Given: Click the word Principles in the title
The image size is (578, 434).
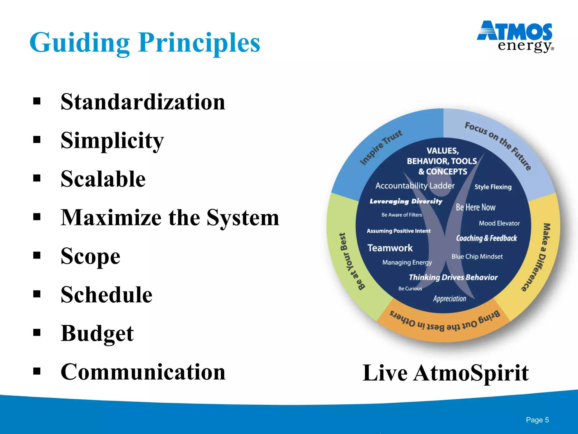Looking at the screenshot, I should point(199,43).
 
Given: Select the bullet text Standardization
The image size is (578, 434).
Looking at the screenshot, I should point(143,102).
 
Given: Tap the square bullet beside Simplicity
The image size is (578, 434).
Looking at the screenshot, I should point(37,140).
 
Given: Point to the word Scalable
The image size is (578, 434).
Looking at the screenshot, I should point(103,179).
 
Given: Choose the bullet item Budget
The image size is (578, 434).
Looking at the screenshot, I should point(97,334).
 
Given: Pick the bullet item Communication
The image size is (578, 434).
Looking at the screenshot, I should point(143,372).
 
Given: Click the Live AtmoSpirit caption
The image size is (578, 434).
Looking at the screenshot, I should point(445,373).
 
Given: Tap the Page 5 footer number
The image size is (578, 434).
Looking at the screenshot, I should point(537,420).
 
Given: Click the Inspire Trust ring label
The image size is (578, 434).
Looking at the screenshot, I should point(381,147).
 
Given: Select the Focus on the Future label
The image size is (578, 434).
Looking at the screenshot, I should point(498,145).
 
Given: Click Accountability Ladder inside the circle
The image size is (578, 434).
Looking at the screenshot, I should point(415,186).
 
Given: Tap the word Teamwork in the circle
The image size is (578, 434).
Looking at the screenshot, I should point(390,248).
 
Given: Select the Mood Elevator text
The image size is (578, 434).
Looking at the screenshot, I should point(499,223).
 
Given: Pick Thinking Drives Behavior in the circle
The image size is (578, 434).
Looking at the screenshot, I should point(453,277).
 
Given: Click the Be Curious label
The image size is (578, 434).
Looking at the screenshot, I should point(410,288).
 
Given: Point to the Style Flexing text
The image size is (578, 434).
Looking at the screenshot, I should point(493,187).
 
